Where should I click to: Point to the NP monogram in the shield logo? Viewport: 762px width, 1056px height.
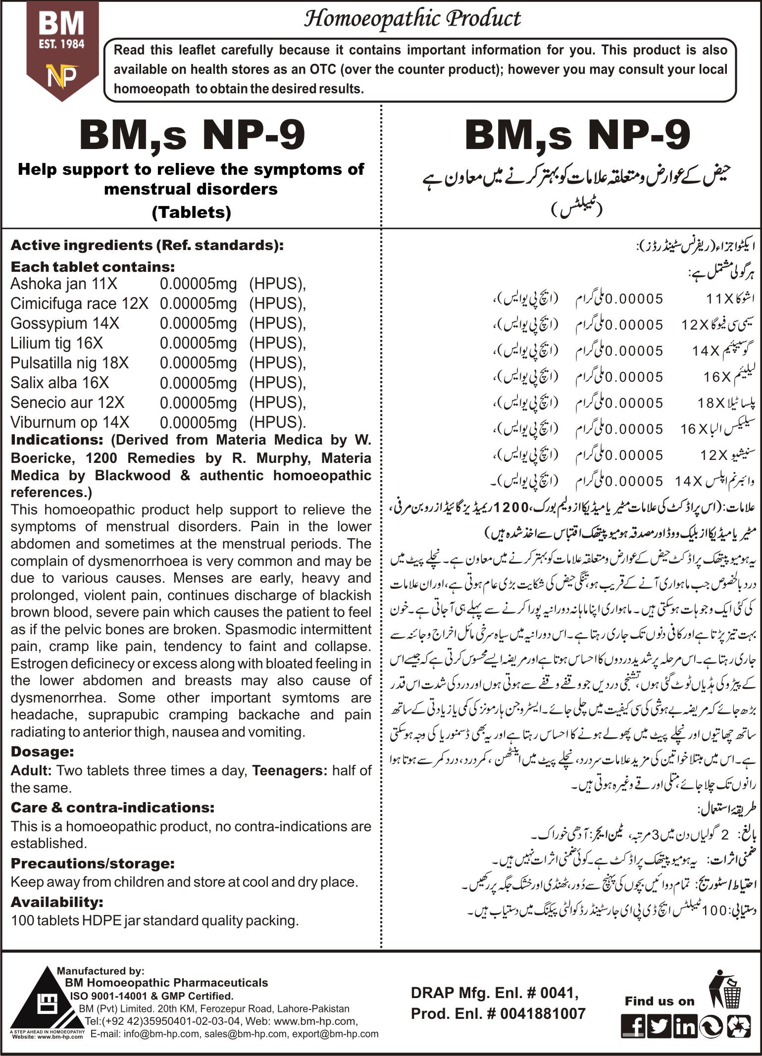point(62,76)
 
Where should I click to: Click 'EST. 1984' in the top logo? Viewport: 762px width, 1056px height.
point(62,44)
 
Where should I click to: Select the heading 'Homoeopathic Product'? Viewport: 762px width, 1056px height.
point(412,18)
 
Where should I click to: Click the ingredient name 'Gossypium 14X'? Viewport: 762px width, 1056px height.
point(65,323)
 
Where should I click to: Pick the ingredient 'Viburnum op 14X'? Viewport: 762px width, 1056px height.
point(70,422)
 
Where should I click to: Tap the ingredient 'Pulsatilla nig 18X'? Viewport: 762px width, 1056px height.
point(69,363)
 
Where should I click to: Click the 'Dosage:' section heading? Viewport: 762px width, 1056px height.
point(42,752)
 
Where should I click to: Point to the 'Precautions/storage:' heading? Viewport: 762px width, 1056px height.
point(93,863)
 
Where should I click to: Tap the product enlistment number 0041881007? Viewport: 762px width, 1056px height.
point(541,1013)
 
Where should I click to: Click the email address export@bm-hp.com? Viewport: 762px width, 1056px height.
point(335,1034)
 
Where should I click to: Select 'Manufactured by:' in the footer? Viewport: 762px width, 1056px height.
point(101,971)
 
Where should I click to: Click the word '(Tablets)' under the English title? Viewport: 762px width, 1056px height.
point(191,212)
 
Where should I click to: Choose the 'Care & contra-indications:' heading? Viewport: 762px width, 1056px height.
point(112,807)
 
